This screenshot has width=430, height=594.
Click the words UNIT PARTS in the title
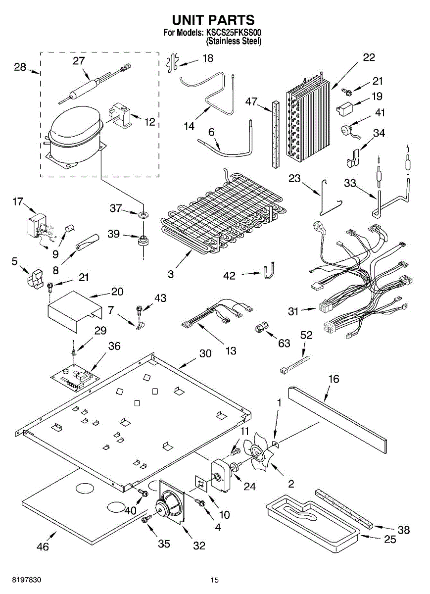coord(213,20)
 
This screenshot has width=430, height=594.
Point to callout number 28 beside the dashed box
coord(20,67)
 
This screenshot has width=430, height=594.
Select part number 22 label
coord(369,57)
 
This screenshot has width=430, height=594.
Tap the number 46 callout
coord(43,546)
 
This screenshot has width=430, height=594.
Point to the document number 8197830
coord(27,579)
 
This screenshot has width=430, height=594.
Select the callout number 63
coord(284,343)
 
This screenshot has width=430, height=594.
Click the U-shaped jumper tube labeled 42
coord(268,270)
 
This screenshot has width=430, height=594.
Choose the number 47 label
coord(251,101)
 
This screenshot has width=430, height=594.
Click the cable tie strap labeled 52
coord(295,365)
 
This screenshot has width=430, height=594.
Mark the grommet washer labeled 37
coord(143,214)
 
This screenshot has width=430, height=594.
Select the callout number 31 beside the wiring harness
coord(293,311)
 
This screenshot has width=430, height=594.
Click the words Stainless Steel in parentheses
coord(234,41)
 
